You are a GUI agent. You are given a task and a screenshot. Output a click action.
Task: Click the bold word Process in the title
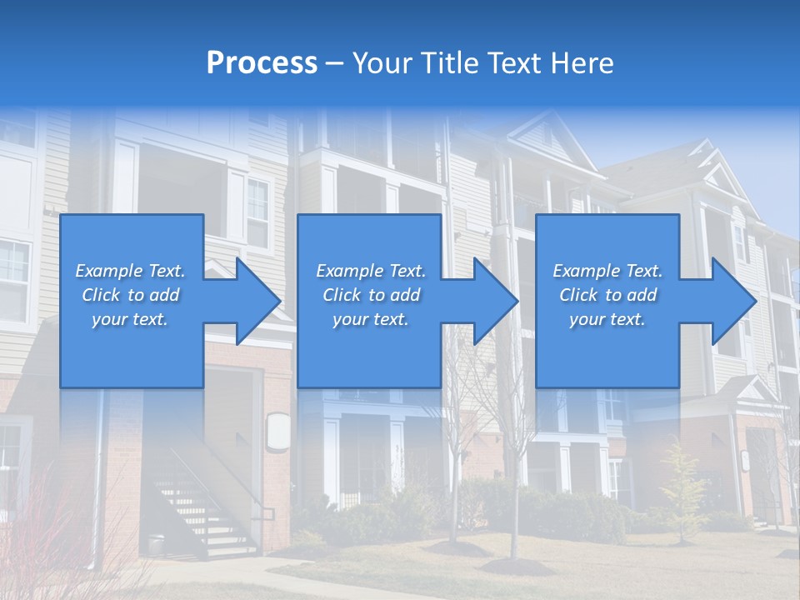pyautogui.click(x=262, y=63)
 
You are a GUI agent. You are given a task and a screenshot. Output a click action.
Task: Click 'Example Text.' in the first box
pyautogui.click(x=130, y=271)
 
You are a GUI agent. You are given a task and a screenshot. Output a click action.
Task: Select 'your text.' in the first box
pyautogui.click(x=130, y=319)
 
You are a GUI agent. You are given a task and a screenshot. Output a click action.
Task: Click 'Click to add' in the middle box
pyautogui.click(x=371, y=295)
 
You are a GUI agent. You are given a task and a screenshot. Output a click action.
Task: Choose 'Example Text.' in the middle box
pyautogui.click(x=371, y=271)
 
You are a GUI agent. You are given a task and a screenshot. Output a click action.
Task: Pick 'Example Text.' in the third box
pyautogui.click(x=607, y=271)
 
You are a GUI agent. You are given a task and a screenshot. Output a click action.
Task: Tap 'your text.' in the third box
pyautogui.click(x=607, y=319)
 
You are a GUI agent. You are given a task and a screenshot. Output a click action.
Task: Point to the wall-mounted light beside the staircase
pyautogui.click(x=278, y=433)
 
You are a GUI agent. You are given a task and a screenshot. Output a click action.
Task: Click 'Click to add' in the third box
pyautogui.click(x=607, y=295)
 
